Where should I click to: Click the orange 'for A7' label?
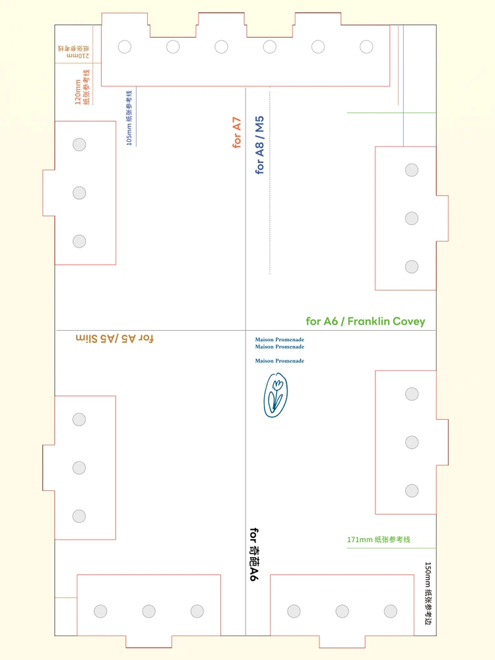tap(237, 133)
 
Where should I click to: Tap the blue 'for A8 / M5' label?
tap(259, 145)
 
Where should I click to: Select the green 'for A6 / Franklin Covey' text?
tap(366, 321)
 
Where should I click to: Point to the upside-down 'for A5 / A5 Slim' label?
tap(114, 339)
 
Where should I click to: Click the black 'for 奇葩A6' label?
tap(253, 554)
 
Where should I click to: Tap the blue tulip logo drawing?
tap(276, 395)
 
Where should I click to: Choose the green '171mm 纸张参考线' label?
tap(378, 540)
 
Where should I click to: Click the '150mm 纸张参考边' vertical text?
tap(428, 593)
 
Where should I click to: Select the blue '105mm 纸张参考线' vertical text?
tap(129, 118)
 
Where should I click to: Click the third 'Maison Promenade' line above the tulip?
tap(279, 361)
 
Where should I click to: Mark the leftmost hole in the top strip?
tap(125, 47)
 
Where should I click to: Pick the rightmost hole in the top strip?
tap(366, 47)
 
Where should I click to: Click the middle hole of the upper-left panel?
tap(80, 193)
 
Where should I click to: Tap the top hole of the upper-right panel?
tap(412, 170)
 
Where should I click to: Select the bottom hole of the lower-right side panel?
tap(412, 491)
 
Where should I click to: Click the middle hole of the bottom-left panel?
tap(148, 611)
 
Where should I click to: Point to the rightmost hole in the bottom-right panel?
tap(391, 611)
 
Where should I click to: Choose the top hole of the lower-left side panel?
tap(79, 419)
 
